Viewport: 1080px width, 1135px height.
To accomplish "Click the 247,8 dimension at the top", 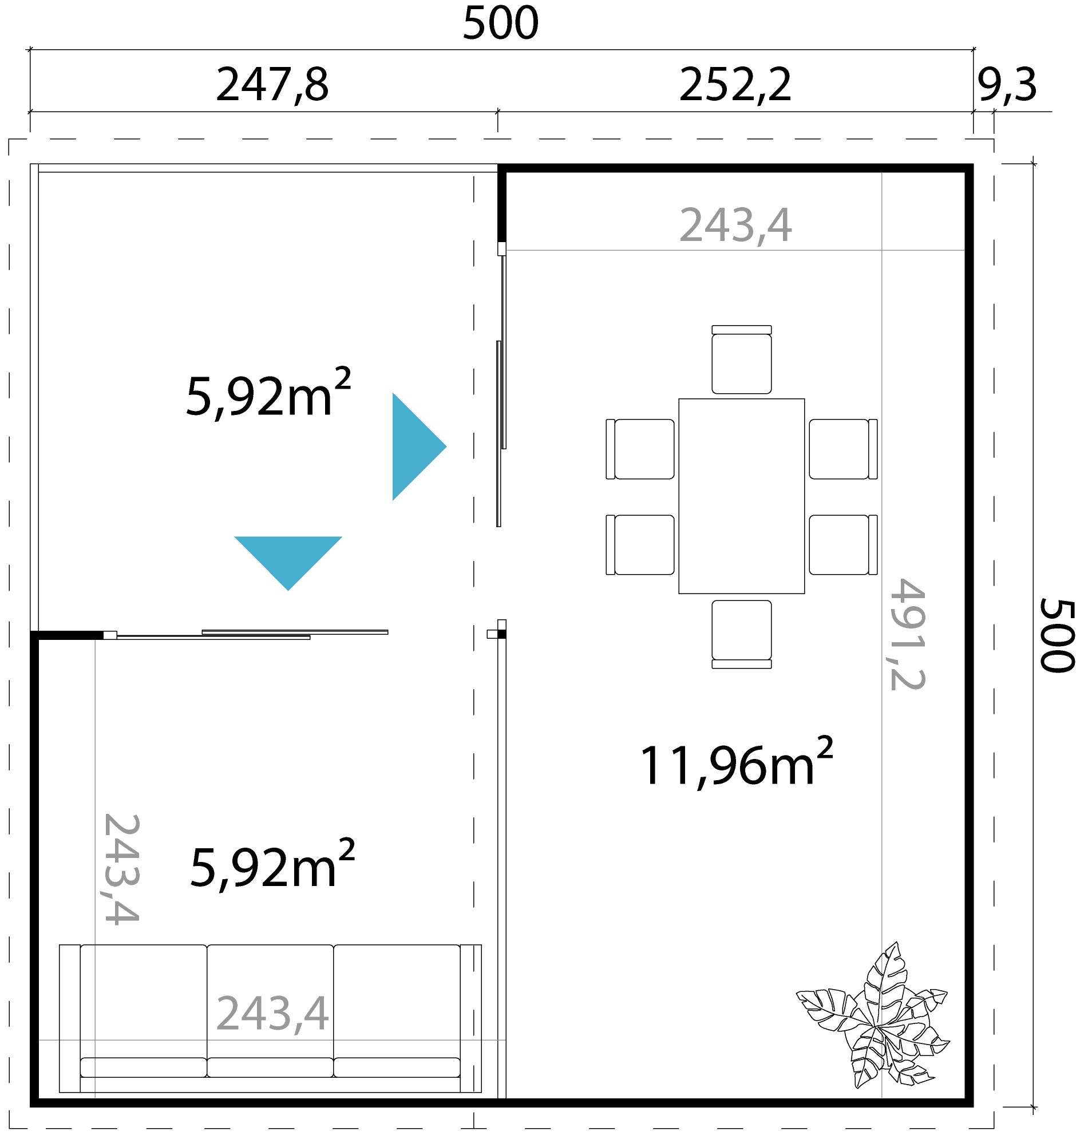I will point(272,85).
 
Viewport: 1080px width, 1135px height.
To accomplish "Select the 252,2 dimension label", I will point(735,85).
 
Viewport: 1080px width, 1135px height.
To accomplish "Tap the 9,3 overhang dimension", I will point(1006,85).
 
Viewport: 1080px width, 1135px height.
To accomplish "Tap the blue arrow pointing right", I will point(415,446).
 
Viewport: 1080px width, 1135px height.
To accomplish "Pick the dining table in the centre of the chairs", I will point(741,496).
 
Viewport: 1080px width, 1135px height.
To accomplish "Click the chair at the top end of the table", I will point(741,361).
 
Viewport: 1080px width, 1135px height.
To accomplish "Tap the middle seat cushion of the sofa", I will point(270,1002).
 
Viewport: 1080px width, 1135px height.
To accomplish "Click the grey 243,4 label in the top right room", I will point(735,225).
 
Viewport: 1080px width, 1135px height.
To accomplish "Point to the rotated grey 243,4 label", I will point(121,868).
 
